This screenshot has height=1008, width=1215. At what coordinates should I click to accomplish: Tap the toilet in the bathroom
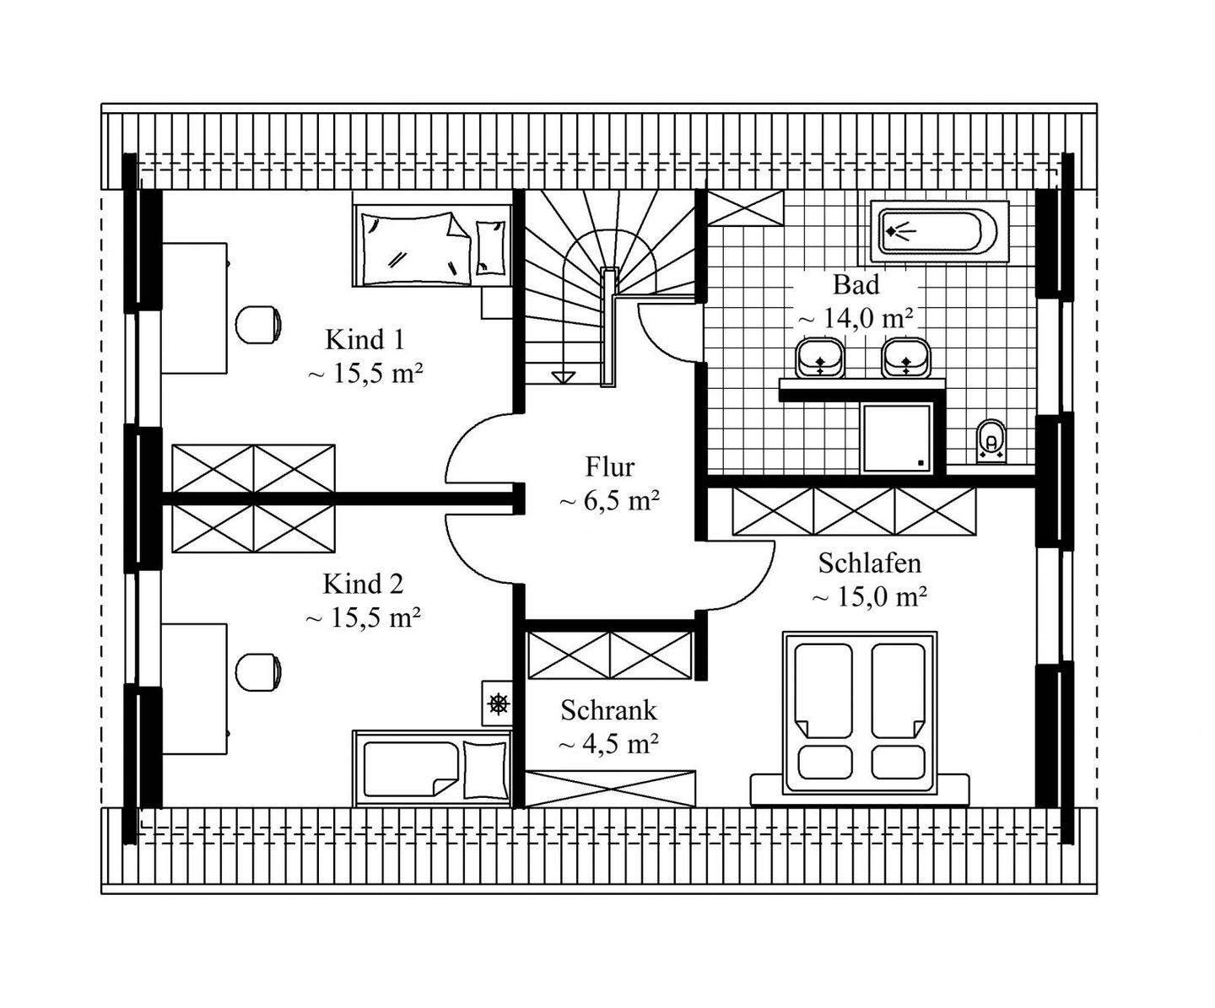pyautogui.click(x=991, y=439)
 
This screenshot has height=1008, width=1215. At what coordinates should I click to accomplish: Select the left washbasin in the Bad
pyautogui.click(x=820, y=358)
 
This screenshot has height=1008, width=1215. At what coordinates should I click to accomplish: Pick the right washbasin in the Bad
pyautogui.click(x=906, y=358)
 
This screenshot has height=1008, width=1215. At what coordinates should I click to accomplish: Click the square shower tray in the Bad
pyautogui.click(x=898, y=437)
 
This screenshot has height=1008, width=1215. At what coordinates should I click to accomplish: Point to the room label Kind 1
pyautogui.click(x=364, y=340)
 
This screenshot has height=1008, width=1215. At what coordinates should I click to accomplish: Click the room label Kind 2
pyautogui.click(x=363, y=584)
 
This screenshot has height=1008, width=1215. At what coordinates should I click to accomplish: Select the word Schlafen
pyautogui.click(x=869, y=563)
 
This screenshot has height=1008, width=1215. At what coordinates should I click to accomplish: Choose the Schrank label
pyautogui.click(x=608, y=710)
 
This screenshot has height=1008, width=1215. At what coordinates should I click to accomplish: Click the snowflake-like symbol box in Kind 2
pyautogui.click(x=499, y=703)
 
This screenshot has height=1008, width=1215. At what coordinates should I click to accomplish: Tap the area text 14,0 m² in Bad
pyautogui.click(x=856, y=319)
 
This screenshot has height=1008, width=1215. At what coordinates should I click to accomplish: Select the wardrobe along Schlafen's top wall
pyautogui.click(x=854, y=511)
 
